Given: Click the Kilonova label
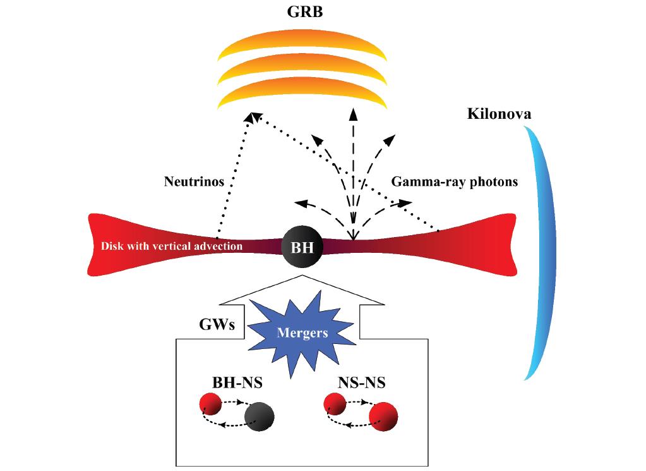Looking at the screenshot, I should click(499, 114).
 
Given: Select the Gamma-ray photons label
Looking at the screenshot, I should click(455, 182).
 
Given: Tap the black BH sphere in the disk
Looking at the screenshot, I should click(302, 246).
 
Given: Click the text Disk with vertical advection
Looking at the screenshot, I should click(172, 246).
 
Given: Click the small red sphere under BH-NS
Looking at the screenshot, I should click(210, 403).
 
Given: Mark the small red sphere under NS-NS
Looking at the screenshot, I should click(334, 403).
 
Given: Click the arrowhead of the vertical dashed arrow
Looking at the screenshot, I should click(353, 114).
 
